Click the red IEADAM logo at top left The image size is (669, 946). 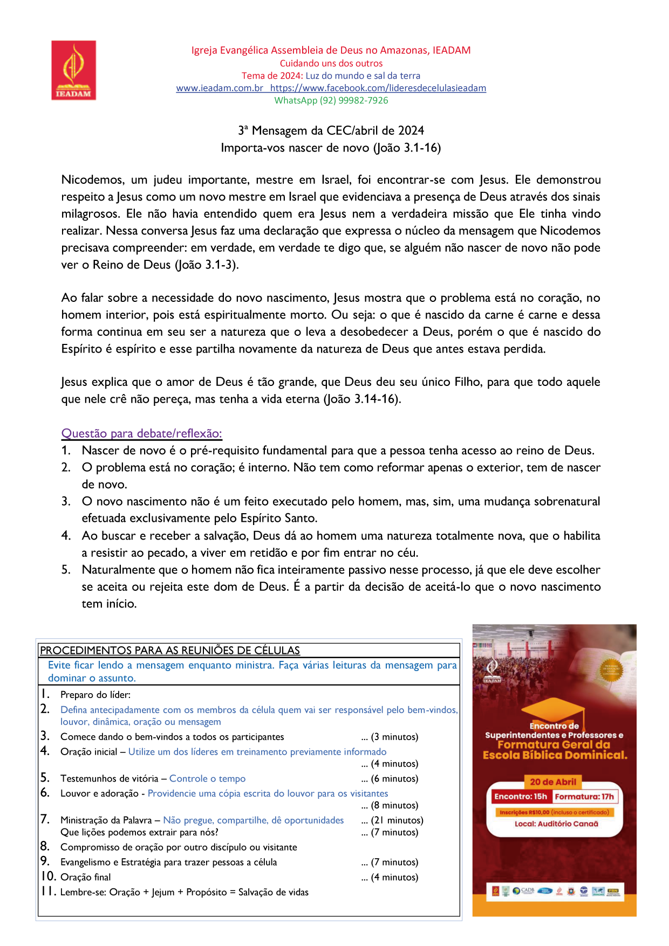(x=73, y=70)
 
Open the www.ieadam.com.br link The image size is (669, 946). (x=220, y=88)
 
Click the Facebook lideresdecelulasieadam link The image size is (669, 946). (x=378, y=88)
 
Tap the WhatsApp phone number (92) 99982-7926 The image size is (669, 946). (x=353, y=100)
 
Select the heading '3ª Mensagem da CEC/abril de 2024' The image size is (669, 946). (x=331, y=130)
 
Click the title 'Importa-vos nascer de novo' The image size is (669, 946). (x=331, y=148)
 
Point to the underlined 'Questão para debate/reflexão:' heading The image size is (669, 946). (x=141, y=433)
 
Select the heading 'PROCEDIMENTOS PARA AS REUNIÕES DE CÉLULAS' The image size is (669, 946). (x=170, y=651)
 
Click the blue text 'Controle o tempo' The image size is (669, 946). (x=207, y=778)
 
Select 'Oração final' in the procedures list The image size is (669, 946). (x=85, y=877)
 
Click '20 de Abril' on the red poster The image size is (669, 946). (x=553, y=782)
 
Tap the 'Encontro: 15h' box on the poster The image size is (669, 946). (x=520, y=797)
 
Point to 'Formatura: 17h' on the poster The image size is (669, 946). (x=584, y=797)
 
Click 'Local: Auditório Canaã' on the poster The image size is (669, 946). (x=556, y=824)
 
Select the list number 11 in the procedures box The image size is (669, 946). (x=48, y=892)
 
